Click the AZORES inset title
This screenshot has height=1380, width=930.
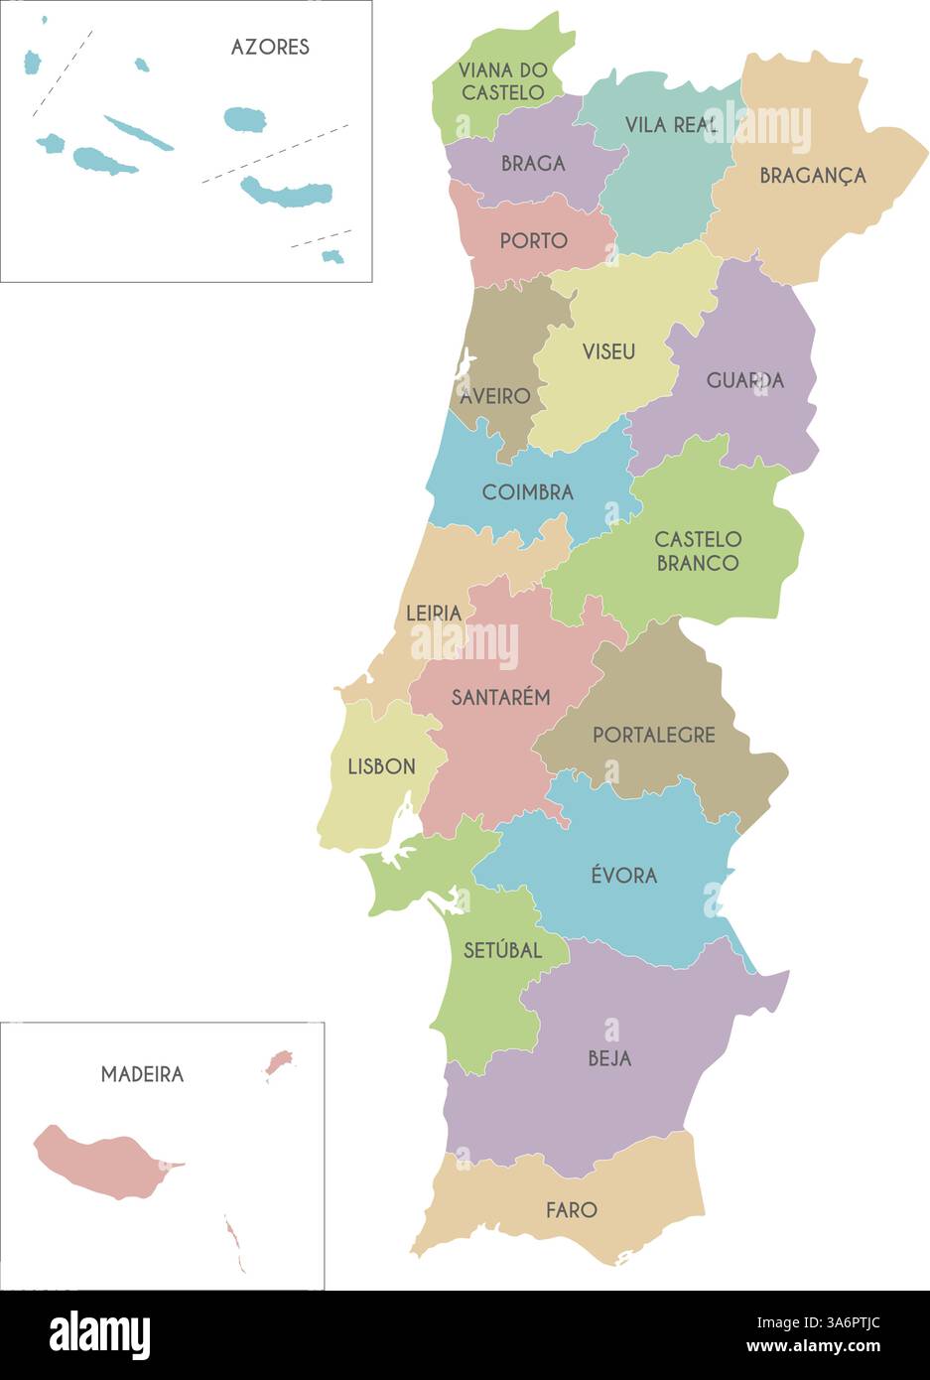[x=270, y=47]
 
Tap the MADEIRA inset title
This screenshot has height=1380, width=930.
[x=142, y=1074]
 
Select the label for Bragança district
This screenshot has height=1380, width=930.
[x=813, y=176]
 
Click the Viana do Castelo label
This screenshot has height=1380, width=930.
[x=503, y=81]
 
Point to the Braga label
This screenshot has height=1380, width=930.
[x=533, y=164]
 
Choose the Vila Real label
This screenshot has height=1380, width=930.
[x=672, y=125]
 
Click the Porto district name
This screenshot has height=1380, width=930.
[x=533, y=241]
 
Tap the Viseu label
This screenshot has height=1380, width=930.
[x=608, y=351]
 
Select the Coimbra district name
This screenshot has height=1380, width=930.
[x=527, y=492]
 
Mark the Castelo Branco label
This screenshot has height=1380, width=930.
[x=698, y=551]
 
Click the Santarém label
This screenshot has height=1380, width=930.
[x=500, y=698]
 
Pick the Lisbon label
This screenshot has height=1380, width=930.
[x=381, y=766]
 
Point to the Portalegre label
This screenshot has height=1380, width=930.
[x=653, y=736]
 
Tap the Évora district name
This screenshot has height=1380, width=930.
[x=623, y=876]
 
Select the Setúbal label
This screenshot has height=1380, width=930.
[x=502, y=950]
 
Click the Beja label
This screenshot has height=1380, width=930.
[x=609, y=1058]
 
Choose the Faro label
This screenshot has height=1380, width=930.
[x=572, y=1210]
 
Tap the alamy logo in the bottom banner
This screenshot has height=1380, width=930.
[x=99, y=1335]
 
